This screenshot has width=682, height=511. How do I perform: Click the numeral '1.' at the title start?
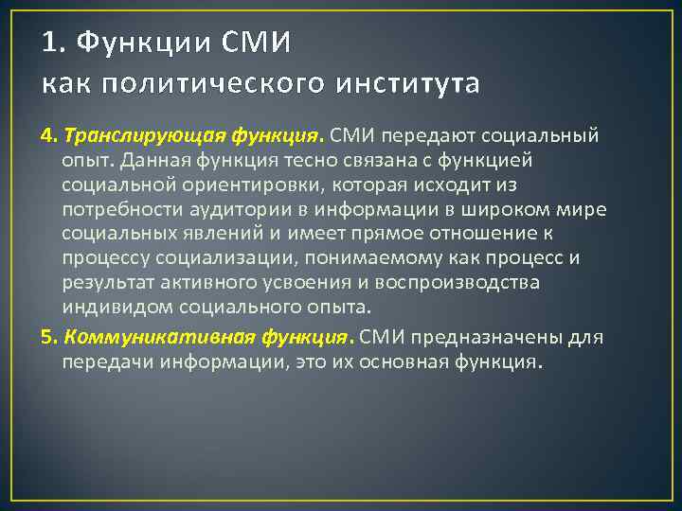coord(54,43)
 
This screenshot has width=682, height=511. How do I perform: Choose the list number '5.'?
coord(49,338)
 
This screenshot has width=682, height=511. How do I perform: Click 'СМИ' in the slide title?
coord(257,43)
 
